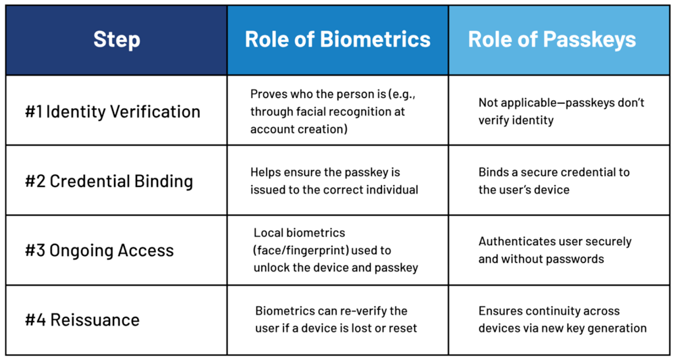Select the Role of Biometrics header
[337, 39]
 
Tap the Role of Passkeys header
[552, 39]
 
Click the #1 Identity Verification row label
[113, 111]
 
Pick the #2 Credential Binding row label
[109, 181]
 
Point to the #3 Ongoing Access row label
[100, 251]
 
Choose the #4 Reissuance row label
[82, 319]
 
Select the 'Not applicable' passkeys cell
[561, 111]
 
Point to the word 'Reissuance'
[94, 319]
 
